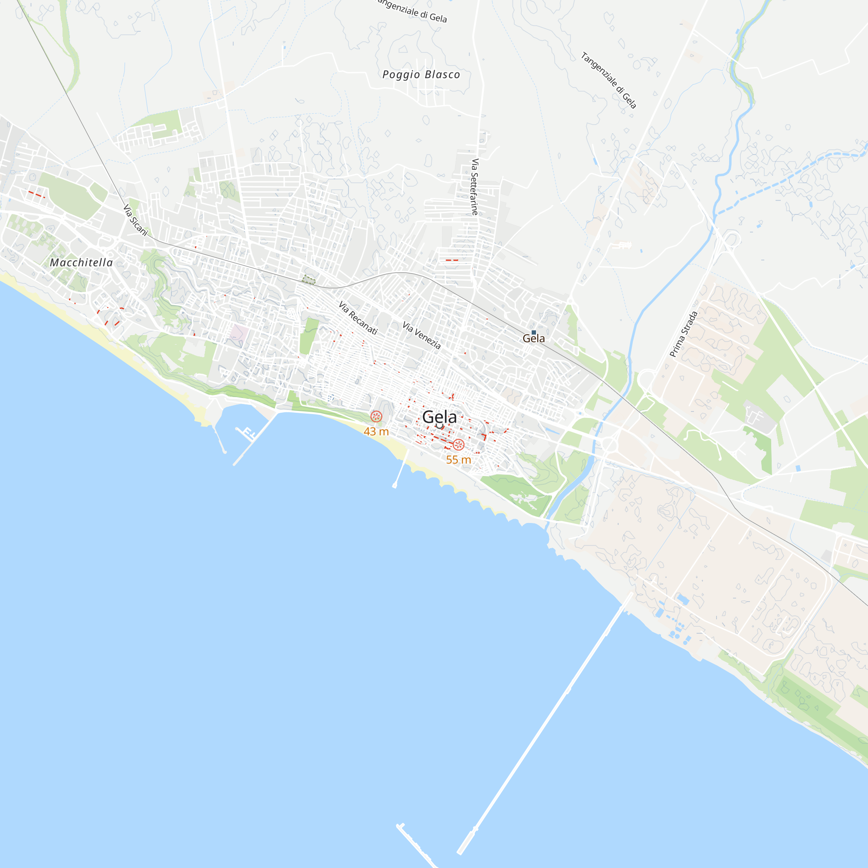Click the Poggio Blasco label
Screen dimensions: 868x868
point(421,75)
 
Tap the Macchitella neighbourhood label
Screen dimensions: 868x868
point(81,263)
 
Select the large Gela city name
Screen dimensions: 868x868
point(439,417)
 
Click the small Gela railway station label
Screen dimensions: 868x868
point(534,339)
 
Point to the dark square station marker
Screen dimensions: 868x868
point(534,332)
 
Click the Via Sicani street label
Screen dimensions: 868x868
point(135,220)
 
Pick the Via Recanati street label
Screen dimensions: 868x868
point(358,318)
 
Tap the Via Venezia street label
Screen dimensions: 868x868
point(421,335)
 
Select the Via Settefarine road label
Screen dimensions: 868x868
point(475,187)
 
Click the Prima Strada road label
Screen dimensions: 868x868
point(684,334)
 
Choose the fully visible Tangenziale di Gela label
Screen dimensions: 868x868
point(609,80)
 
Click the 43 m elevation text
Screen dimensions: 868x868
point(376,432)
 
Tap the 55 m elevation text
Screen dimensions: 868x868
point(458,460)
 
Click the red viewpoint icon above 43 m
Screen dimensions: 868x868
point(376,417)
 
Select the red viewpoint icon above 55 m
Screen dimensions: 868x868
point(458,445)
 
